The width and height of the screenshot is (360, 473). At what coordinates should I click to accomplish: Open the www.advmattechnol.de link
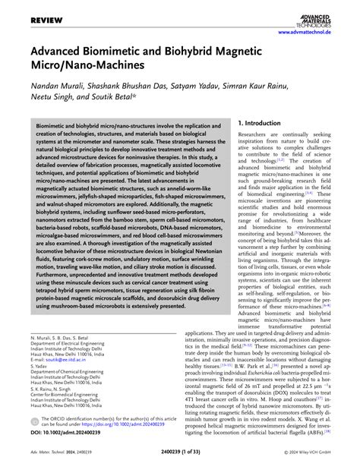[311, 33]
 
